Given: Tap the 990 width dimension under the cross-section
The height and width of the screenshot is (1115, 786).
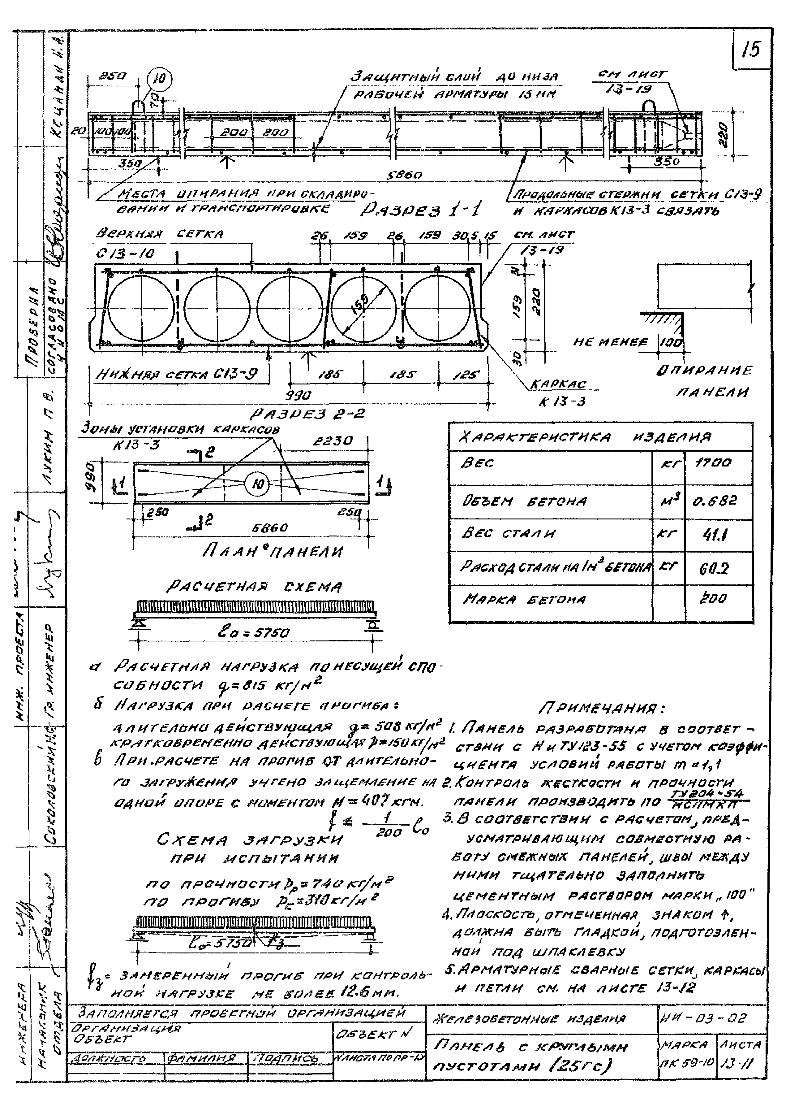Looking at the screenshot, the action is click(x=298, y=395).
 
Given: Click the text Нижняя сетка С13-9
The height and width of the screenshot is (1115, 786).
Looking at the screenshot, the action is click(x=177, y=374).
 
